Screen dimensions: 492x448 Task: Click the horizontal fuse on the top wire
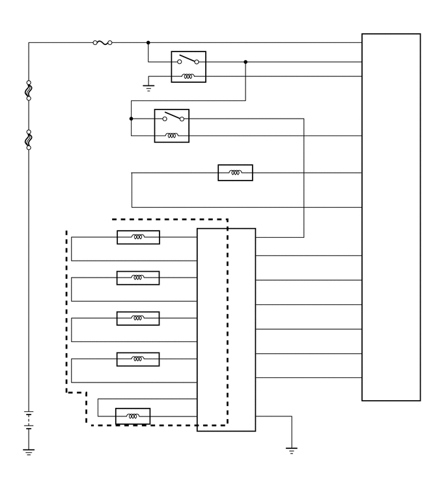102,43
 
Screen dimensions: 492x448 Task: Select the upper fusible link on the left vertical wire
29,91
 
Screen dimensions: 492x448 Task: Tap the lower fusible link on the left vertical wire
29,139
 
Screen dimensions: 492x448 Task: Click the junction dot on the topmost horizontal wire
148,43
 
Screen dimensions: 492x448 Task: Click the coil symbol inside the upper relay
188,76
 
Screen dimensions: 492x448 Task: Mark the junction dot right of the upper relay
245,62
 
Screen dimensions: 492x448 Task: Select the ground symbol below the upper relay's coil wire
148,87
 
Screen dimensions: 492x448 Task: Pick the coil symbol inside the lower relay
172,136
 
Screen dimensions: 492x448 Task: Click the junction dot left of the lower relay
132,119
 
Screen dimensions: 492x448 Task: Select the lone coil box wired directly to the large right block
235,173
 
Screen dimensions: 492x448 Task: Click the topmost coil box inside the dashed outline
138,237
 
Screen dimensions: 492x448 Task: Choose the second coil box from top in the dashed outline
138,278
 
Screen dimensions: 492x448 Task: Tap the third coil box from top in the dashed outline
138,318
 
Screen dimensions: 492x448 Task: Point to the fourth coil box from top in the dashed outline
138,359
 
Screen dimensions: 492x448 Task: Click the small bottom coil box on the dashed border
132,416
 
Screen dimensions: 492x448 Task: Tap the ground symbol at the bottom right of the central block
292,449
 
